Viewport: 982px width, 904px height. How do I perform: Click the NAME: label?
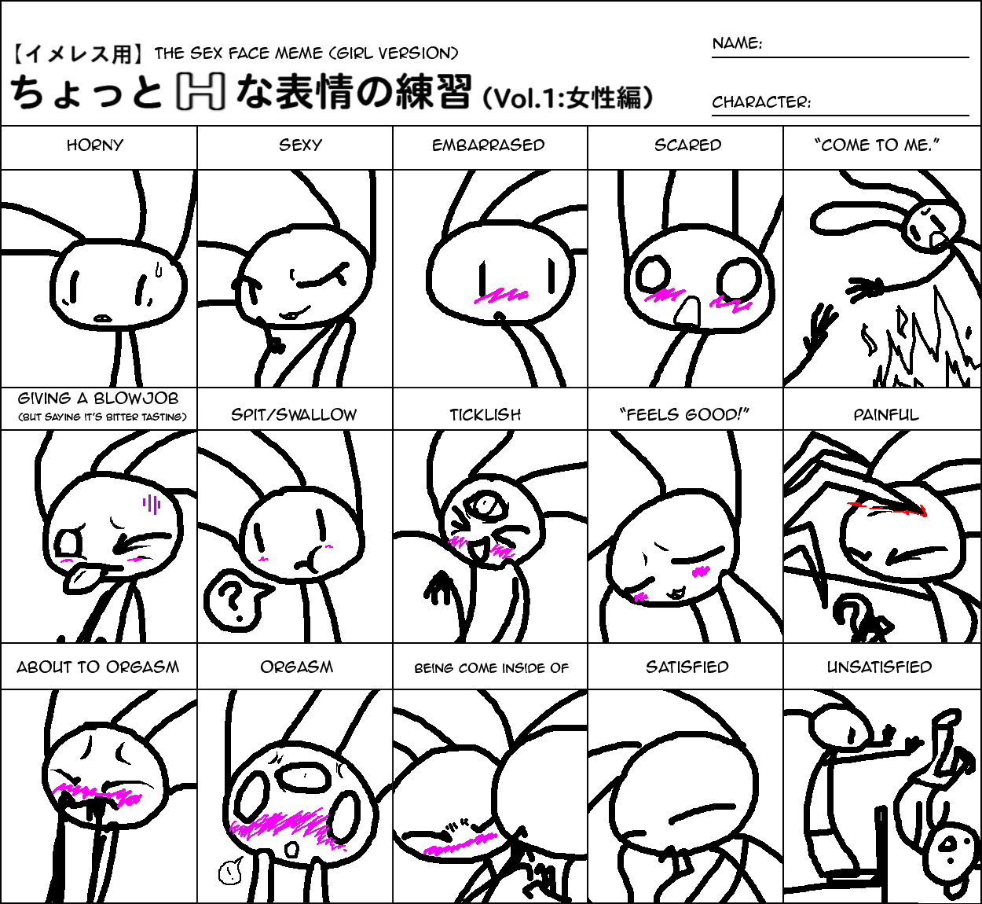(x=737, y=43)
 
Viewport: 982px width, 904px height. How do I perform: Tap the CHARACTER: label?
(x=761, y=102)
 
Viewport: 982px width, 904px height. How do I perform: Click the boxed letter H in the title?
(x=200, y=91)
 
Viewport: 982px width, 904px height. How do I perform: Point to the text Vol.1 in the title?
(x=528, y=98)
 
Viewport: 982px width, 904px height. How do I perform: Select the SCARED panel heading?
(x=687, y=145)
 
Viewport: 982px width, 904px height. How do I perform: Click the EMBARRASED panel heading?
(x=488, y=145)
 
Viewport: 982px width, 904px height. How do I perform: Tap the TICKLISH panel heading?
(x=486, y=415)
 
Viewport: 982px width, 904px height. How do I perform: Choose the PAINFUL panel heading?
(x=886, y=415)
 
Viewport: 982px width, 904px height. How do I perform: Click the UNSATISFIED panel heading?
(x=879, y=667)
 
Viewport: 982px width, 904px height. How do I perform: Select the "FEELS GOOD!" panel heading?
(x=684, y=415)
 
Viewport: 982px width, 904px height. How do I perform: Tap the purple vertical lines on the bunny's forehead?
(x=152, y=504)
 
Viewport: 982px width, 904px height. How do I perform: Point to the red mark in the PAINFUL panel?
(x=887, y=509)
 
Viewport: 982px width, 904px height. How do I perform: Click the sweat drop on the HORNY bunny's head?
(x=159, y=269)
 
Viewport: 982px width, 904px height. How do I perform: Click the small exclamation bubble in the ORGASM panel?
(x=229, y=871)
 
